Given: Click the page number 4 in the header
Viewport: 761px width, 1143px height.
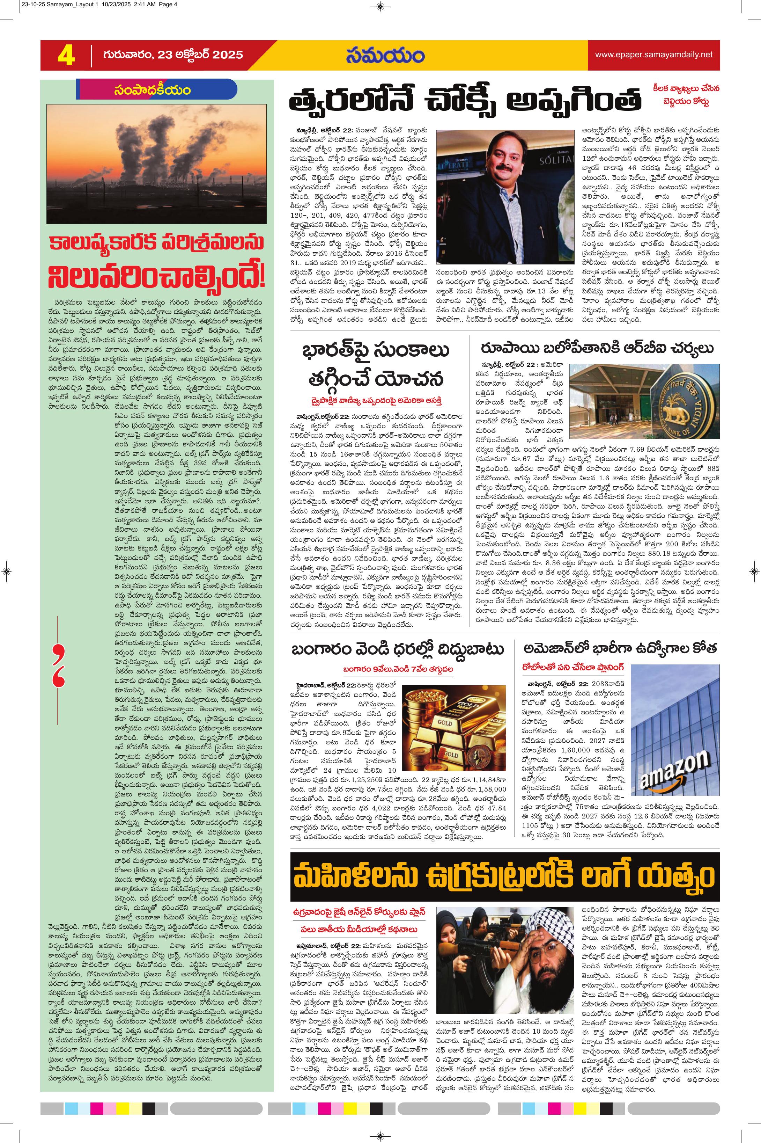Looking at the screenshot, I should (x=66, y=55).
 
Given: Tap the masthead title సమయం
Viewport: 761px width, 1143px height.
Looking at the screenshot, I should (x=385, y=55).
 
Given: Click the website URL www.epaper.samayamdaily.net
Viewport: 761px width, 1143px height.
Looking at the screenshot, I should (x=654, y=55).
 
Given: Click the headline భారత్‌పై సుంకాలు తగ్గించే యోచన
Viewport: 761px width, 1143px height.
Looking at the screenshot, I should (x=375, y=364).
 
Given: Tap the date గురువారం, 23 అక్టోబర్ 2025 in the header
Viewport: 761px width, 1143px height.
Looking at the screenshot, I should (x=173, y=55).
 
